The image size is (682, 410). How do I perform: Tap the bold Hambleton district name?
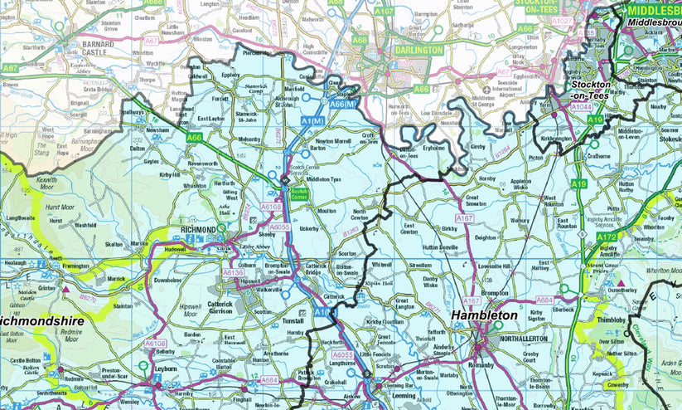(485, 315)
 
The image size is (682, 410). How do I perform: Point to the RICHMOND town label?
(198, 229)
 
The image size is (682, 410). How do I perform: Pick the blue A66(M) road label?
(343, 104)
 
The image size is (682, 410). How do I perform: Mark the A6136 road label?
(233, 272)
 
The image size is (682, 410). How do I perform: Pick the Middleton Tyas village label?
(324, 179)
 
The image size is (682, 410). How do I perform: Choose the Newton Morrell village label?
(331, 141)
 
